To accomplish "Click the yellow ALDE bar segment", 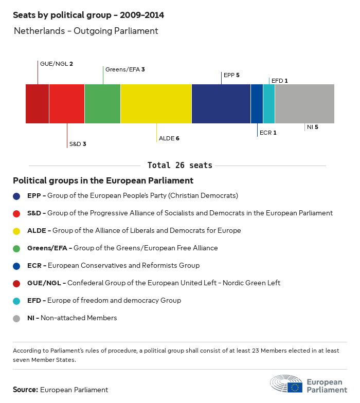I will click(156, 104).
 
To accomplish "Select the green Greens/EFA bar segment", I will click(102, 104).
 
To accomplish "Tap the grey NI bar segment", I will click(304, 104).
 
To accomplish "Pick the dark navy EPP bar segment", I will click(221, 104).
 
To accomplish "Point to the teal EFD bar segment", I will click(269, 104).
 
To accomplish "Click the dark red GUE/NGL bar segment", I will click(37, 104).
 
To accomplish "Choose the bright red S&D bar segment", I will click(67, 104).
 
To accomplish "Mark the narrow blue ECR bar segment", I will click(257, 104).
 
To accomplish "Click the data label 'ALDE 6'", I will click(169, 138).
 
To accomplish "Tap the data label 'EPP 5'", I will click(231, 75).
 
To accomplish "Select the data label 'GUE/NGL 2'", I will click(57, 64).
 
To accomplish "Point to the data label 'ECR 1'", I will click(268, 133).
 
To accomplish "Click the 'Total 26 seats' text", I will click(179, 165).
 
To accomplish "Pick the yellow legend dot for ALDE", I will click(17, 231).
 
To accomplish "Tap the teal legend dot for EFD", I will click(17, 301).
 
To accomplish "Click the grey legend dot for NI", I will click(17, 318).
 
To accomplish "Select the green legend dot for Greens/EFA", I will click(17, 248).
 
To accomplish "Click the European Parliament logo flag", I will click(295, 387).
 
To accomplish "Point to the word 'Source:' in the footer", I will click(25, 390).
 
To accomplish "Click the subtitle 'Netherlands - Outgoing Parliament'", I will click(86, 31).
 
